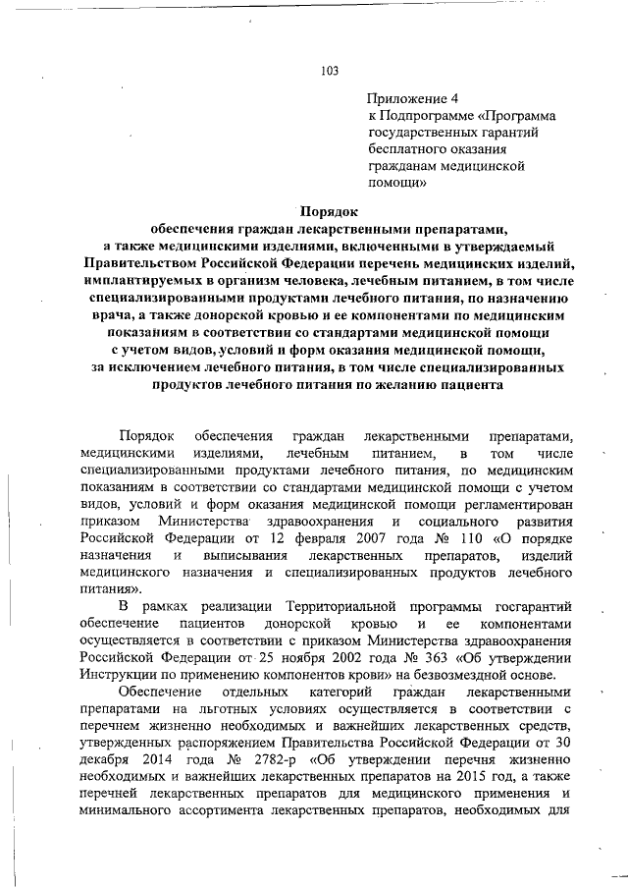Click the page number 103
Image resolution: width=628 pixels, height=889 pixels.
click(x=330, y=70)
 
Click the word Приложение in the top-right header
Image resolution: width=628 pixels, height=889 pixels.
click(x=402, y=99)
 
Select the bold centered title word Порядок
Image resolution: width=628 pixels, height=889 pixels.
click(x=329, y=209)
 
